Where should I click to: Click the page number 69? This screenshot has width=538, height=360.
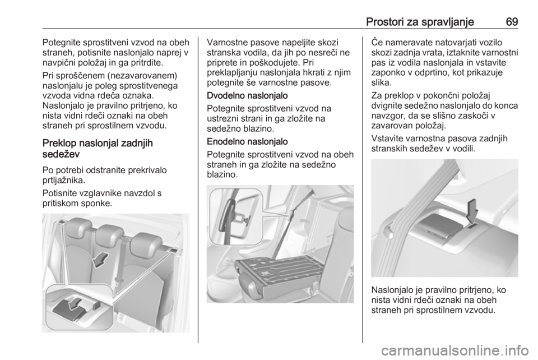point(512,22)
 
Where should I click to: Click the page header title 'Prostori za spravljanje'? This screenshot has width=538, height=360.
point(420,22)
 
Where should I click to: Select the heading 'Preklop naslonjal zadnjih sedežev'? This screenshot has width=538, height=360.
point(98,149)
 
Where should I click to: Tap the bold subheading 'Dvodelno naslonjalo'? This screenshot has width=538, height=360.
point(247,95)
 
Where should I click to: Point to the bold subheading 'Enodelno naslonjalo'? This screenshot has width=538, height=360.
point(247,141)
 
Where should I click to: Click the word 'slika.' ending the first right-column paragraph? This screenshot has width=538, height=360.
point(381,82)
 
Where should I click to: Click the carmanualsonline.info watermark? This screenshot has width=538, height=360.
point(454,350)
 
